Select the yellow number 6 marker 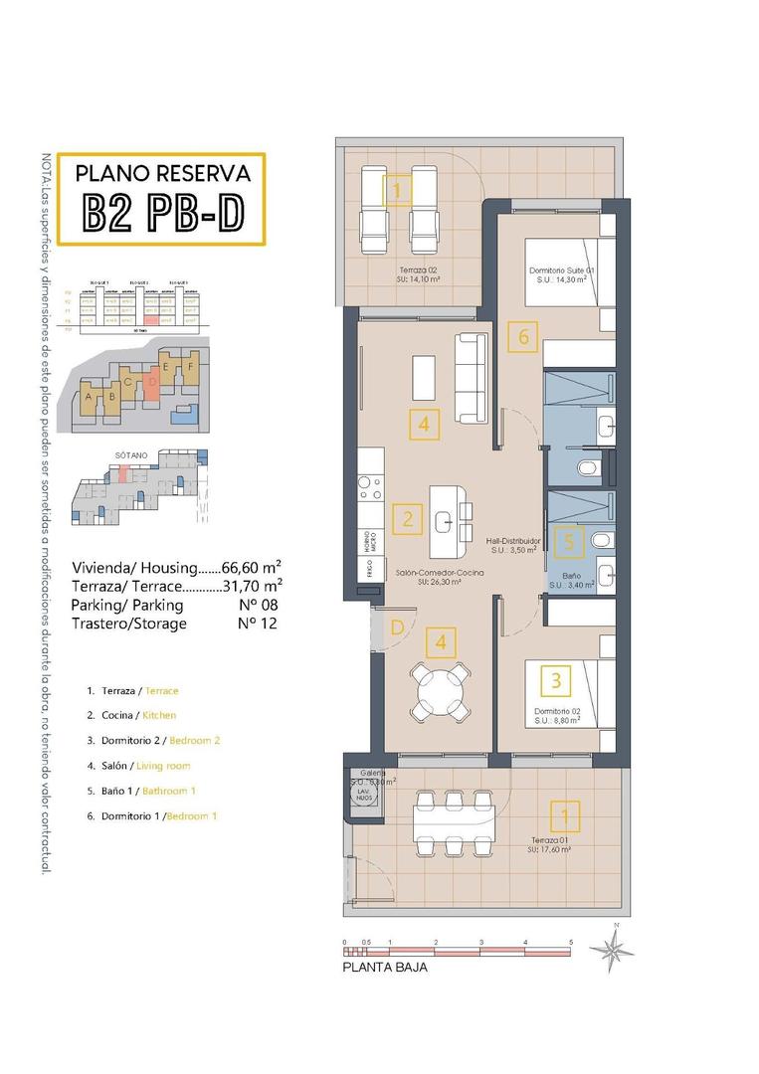click(523, 337)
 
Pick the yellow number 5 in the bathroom click(567, 542)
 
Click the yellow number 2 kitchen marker click(408, 518)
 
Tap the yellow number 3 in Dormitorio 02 click(555, 681)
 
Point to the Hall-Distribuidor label click(512, 541)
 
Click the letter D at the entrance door click(397, 627)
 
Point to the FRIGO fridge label click(364, 571)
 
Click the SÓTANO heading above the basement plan click(130, 454)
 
